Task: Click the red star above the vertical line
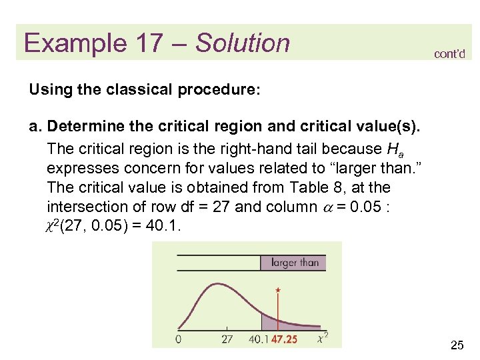pyautogui.click(x=277, y=290)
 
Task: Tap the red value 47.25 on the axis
pyautogui.click(x=284, y=339)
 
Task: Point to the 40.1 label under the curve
pyautogui.click(x=260, y=339)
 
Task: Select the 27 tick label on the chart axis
pyautogui.click(x=227, y=339)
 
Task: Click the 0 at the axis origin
pyautogui.click(x=179, y=339)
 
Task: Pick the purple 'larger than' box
pyautogui.click(x=295, y=262)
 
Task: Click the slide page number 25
pyautogui.click(x=457, y=345)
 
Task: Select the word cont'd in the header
pyautogui.click(x=449, y=54)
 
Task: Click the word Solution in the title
pyautogui.click(x=243, y=43)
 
